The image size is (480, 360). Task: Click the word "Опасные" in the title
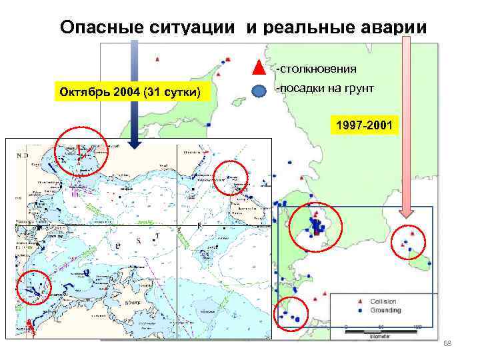(99, 27)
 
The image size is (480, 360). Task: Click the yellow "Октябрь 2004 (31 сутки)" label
(133, 91)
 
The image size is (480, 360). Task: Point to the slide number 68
(447, 343)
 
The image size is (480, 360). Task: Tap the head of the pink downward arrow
(407, 213)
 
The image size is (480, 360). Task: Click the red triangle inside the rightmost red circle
(414, 234)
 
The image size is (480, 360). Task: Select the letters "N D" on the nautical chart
(21, 155)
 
